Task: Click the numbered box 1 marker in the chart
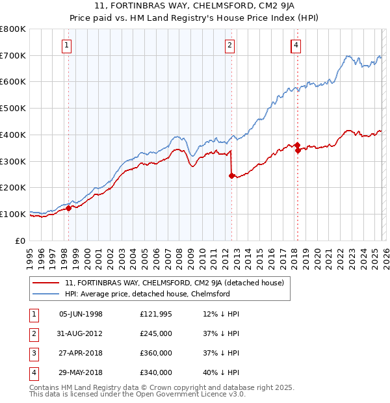[68, 45]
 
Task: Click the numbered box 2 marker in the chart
[230, 45]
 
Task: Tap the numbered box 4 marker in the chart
[296, 45]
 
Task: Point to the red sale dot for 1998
[68, 208]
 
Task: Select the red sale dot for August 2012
[231, 175]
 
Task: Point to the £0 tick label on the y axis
[21, 240]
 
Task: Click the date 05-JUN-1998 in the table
[81, 314]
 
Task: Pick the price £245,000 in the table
[155, 333]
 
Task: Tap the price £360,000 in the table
[155, 353]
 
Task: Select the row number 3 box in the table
[32, 353]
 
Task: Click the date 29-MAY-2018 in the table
[81, 372]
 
